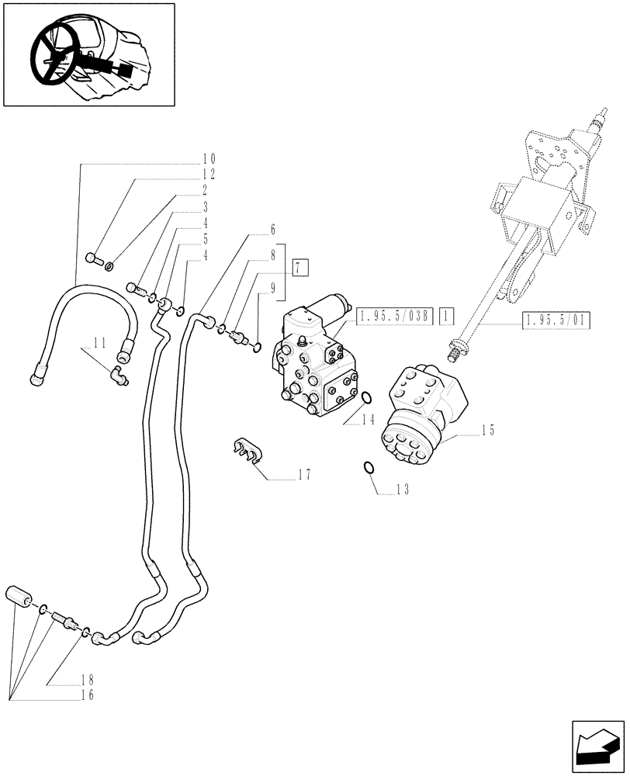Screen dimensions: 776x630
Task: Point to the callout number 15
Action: (486, 429)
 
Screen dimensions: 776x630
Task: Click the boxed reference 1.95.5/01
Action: (556, 320)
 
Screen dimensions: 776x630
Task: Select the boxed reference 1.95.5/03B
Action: (396, 315)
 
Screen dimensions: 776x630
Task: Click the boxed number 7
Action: (301, 268)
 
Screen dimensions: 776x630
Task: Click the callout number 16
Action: (86, 695)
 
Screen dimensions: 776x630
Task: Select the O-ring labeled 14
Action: (366, 398)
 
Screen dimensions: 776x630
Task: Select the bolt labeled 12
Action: (94, 258)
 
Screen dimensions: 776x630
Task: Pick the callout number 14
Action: (368, 418)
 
